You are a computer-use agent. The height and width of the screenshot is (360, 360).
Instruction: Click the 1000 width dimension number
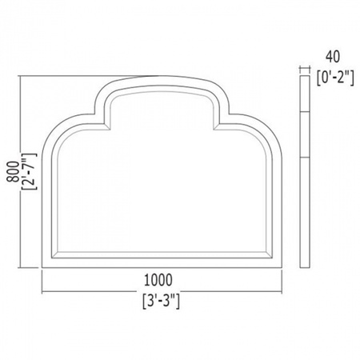(x=158, y=280)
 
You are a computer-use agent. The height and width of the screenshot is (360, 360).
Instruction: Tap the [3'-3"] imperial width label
(x=161, y=301)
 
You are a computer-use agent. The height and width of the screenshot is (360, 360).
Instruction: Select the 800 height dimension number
(x=13, y=171)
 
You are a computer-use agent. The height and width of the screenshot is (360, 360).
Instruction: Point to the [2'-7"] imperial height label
(x=29, y=171)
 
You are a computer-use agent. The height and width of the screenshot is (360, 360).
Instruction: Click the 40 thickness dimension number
(x=333, y=57)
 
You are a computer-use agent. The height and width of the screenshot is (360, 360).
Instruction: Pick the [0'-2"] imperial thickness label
(x=335, y=78)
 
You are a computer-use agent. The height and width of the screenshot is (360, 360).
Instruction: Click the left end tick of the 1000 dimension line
(x=42, y=282)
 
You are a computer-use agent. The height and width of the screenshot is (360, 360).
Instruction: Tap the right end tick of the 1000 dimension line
(x=282, y=282)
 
